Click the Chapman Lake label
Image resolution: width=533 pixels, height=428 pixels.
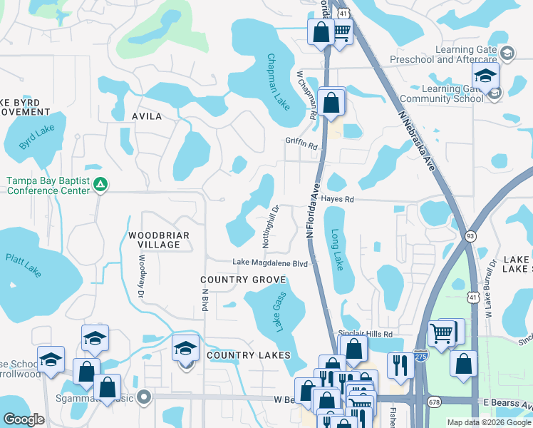279,82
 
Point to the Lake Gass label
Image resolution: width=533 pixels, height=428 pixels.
278,312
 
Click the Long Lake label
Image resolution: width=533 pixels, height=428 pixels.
337,249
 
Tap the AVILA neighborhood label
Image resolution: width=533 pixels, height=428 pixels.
147,116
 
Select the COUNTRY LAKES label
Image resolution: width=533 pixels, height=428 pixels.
249,355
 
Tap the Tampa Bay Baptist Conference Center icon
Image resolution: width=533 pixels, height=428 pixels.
101,185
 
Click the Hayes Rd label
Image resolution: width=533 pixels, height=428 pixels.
337,200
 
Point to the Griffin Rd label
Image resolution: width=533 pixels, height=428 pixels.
301,143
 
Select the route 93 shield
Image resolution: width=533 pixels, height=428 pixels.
470,236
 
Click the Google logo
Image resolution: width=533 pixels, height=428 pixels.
24,419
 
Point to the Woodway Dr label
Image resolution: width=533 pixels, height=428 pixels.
142,267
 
